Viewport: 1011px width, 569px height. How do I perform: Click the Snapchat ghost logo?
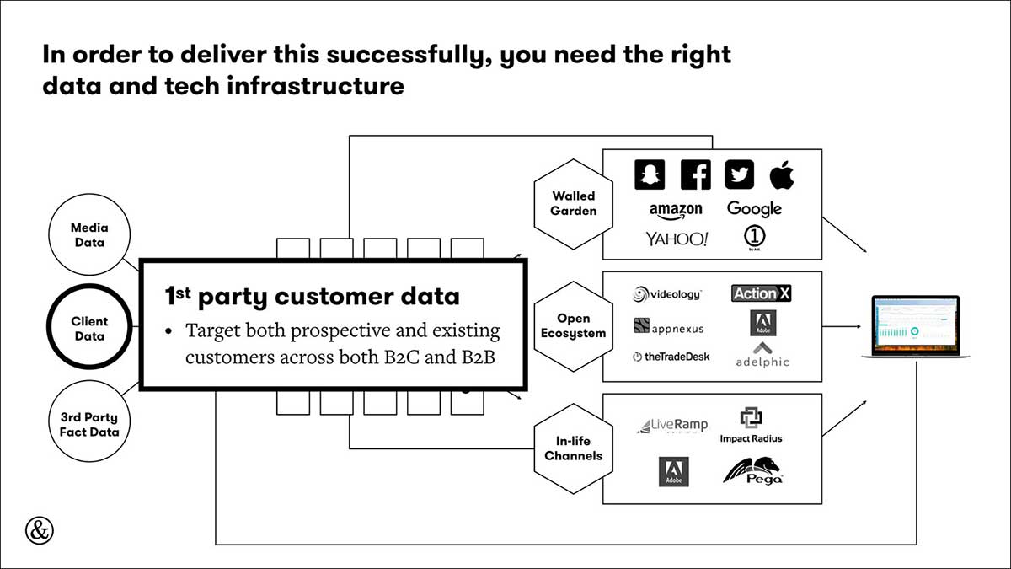(x=650, y=174)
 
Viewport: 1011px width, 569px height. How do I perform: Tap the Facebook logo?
(x=696, y=174)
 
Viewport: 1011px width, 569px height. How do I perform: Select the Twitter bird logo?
(x=740, y=174)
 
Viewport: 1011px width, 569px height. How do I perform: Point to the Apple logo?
(x=782, y=174)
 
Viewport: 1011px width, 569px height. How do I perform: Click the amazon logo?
(x=676, y=211)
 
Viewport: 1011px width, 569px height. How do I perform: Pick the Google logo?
(x=754, y=209)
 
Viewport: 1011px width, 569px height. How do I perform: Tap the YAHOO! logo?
(x=677, y=239)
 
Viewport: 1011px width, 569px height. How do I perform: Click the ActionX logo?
(x=762, y=293)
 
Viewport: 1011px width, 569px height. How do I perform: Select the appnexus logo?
(x=669, y=325)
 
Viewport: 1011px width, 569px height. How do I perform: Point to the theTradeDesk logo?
(x=671, y=357)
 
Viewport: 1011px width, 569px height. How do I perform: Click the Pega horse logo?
(x=753, y=471)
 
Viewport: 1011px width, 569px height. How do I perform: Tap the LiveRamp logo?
(x=672, y=426)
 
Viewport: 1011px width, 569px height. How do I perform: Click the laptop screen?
(x=916, y=325)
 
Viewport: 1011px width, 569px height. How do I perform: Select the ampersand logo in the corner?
(x=40, y=530)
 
